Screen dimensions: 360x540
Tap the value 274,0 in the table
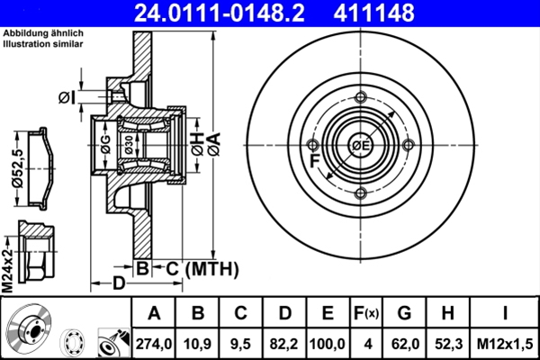click(x=154, y=343)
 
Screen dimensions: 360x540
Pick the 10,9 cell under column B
click(x=197, y=343)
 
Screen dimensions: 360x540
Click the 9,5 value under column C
click(x=240, y=343)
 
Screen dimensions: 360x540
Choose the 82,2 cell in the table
click(x=284, y=343)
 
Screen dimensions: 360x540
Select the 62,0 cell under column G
click(x=404, y=343)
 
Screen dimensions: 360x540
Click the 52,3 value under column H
click(x=447, y=343)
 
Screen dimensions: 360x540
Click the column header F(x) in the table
click(x=365, y=313)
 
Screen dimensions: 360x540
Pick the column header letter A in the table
click(x=154, y=313)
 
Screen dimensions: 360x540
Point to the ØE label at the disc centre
click(x=361, y=146)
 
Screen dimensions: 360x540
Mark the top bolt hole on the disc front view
click(x=361, y=99)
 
